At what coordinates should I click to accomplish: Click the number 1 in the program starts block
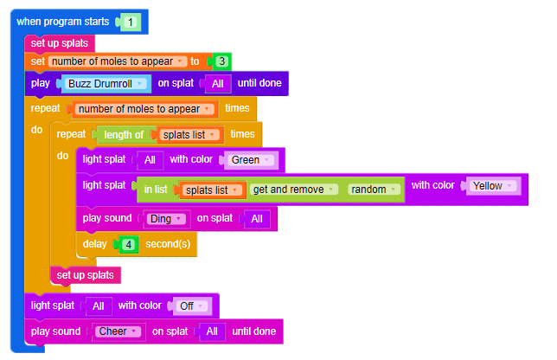click(130, 21)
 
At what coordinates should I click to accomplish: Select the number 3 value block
click(222, 61)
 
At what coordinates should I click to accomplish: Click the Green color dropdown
click(251, 160)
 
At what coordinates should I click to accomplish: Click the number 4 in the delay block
click(128, 245)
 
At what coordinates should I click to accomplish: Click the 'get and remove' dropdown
click(292, 190)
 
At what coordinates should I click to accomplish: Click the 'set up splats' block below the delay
click(85, 274)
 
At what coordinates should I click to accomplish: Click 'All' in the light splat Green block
click(150, 160)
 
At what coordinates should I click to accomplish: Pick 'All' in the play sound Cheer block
click(212, 331)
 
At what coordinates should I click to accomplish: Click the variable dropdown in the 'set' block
click(117, 61)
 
